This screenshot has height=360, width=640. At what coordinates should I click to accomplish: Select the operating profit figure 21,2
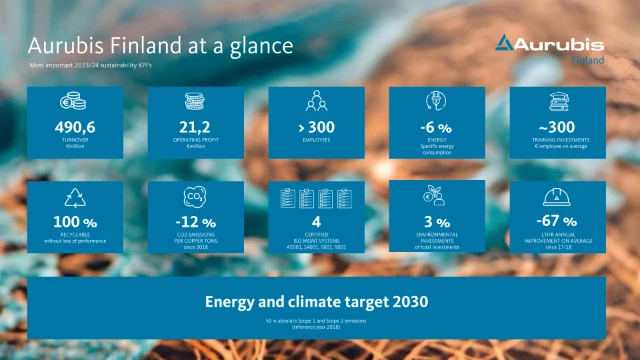coord(196,127)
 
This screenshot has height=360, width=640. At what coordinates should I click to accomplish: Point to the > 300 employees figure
coord(317,127)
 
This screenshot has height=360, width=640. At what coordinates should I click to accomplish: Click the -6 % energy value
coord(437,127)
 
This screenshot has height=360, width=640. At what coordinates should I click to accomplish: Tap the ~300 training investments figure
coord(558,127)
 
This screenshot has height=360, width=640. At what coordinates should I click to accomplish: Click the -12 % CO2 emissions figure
coord(196,221)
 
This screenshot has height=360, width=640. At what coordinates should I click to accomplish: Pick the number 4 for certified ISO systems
coord(317,221)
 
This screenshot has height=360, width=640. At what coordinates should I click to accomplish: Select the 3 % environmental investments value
coord(437,221)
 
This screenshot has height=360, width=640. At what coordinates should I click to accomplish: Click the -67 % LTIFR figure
coord(558,221)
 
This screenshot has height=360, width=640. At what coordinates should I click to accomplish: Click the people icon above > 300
coord(317,102)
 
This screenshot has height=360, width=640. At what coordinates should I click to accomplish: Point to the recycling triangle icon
coord(76,196)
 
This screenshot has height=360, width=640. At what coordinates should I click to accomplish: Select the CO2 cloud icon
coord(196,196)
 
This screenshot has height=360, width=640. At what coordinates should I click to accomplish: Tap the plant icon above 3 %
coord(437,196)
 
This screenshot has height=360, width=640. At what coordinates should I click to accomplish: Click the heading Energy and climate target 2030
coord(316,301)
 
